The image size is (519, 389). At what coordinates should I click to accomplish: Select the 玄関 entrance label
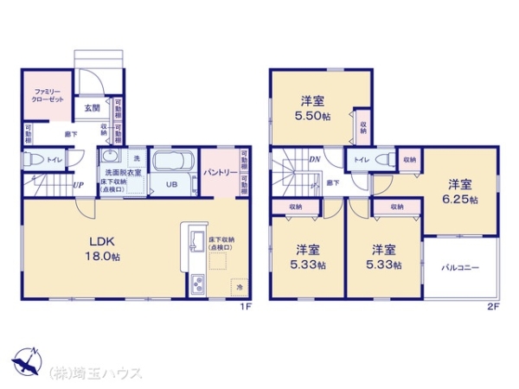click(x=93, y=108)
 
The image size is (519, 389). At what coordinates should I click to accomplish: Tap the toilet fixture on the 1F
click(x=33, y=160)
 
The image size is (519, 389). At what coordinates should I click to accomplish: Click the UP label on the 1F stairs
click(x=78, y=185)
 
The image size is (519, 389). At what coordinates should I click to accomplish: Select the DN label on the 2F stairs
click(x=317, y=159)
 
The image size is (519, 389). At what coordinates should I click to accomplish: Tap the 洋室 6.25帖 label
click(x=460, y=191)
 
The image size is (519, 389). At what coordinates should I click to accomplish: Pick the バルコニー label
click(x=461, y=267)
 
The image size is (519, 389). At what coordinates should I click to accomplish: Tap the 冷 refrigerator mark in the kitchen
click(x=237, y=287)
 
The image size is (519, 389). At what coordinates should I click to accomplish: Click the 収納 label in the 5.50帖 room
click(x=362, y=129)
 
